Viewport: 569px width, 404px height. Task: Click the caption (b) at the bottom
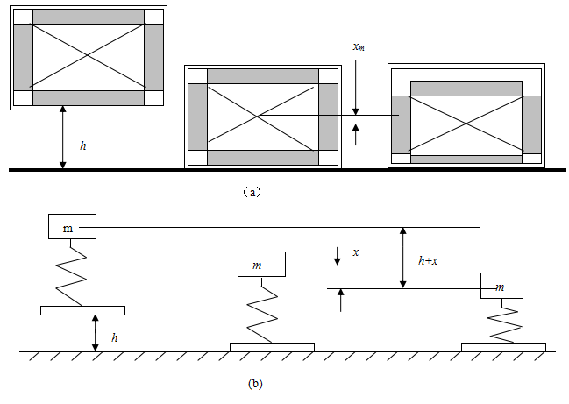click(x=254, y=383)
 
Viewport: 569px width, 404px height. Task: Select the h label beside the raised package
click(x=83, y=145)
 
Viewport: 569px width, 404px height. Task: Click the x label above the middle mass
click(x=355, y=252)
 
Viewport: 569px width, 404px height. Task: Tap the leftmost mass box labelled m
click(x=72, y=227)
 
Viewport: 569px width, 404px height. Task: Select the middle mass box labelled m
click(x=260, y=264)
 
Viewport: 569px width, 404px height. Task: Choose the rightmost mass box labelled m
click(x=501, y=286)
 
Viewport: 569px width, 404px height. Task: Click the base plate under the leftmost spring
click(x=82, y=310)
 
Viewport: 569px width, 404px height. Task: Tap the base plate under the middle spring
click(x=272, y=347)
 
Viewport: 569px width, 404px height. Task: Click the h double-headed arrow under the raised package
click(x=63, y=138)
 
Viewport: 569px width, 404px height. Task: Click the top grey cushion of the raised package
click(x=88, y=16)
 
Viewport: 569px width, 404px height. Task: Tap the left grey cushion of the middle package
click(x=196, y=117)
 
